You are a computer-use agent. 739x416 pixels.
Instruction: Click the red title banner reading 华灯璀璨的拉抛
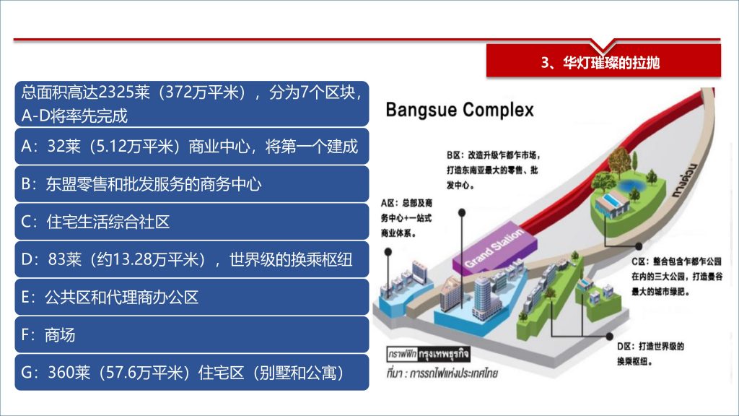(x=603, y=61)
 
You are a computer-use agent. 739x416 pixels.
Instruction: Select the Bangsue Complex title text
(x=460, y=110)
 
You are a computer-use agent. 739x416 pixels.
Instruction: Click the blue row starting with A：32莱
(x=192, y=146)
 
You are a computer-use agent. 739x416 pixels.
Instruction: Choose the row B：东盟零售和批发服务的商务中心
(x=192, y=184)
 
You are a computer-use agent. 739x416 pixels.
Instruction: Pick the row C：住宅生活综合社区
(x=192, y=222)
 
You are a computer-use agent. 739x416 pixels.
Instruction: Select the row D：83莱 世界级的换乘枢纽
(x=192, y=259)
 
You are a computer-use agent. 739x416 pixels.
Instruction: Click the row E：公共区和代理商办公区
(x=192, y=297)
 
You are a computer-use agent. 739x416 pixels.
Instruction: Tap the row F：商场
(x=192, y=335)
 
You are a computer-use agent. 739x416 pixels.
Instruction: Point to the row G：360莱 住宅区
(x=192, y=373)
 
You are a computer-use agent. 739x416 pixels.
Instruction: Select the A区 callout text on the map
(x=406, y=218)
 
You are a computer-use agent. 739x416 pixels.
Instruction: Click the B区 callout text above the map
(x=493, y=170)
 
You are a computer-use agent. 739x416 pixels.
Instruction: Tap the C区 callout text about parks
(x=677, y=277)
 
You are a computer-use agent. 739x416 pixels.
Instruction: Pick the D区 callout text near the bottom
(x=650, y=354)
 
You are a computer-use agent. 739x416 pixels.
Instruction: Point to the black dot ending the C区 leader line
(x=639, y=246)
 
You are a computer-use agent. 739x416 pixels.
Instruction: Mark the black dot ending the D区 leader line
(x=609, y=337)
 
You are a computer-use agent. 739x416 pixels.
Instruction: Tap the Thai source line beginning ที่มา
(x=442, y=373)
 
